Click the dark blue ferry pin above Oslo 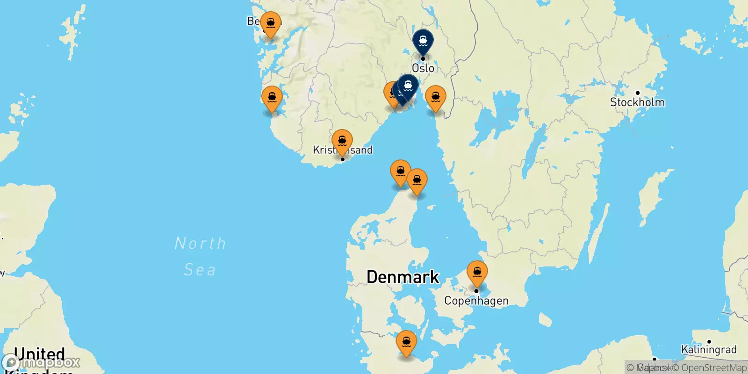coord(423,41)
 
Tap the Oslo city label coord(423,68)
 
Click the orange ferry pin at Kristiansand coord(342,141)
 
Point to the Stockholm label coord(637,102)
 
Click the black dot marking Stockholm coord(637,93)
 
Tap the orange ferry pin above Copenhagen coord(477,272)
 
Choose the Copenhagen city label coord(476,301)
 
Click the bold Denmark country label coord(403,277)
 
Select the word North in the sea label coord(200,243)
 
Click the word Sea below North coord(200,270)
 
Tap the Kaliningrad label coord(709,350)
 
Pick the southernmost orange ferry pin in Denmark coord(406,342)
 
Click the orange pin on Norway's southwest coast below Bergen coord(272,98)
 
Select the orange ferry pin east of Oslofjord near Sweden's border coord(435,97)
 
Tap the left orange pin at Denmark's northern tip coord(400,172)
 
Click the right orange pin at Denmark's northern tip coord(417,180)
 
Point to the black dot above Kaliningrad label coord(709,342)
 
